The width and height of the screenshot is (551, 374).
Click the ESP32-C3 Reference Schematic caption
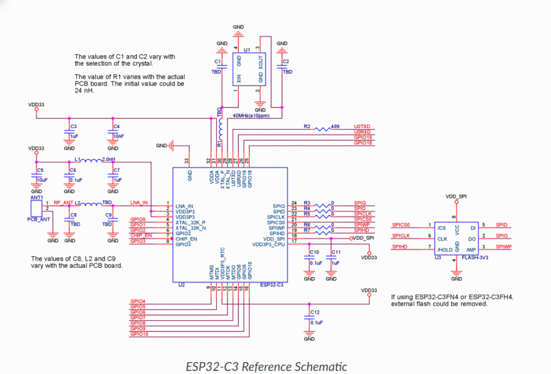(266, 366)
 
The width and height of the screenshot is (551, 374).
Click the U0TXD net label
(363, 126)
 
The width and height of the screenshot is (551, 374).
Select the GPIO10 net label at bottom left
(139, 334)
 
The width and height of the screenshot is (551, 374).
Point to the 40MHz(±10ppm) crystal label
(251, 115)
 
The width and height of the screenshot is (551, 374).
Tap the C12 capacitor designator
(315, 312)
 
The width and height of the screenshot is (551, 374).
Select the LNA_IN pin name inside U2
(184, 207)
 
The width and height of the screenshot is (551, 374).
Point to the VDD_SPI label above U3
(456, 197)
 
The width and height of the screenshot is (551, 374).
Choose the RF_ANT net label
(63, 202)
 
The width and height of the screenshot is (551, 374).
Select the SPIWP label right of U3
(503, 246)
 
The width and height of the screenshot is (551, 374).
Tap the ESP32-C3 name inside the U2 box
(272, 284)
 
